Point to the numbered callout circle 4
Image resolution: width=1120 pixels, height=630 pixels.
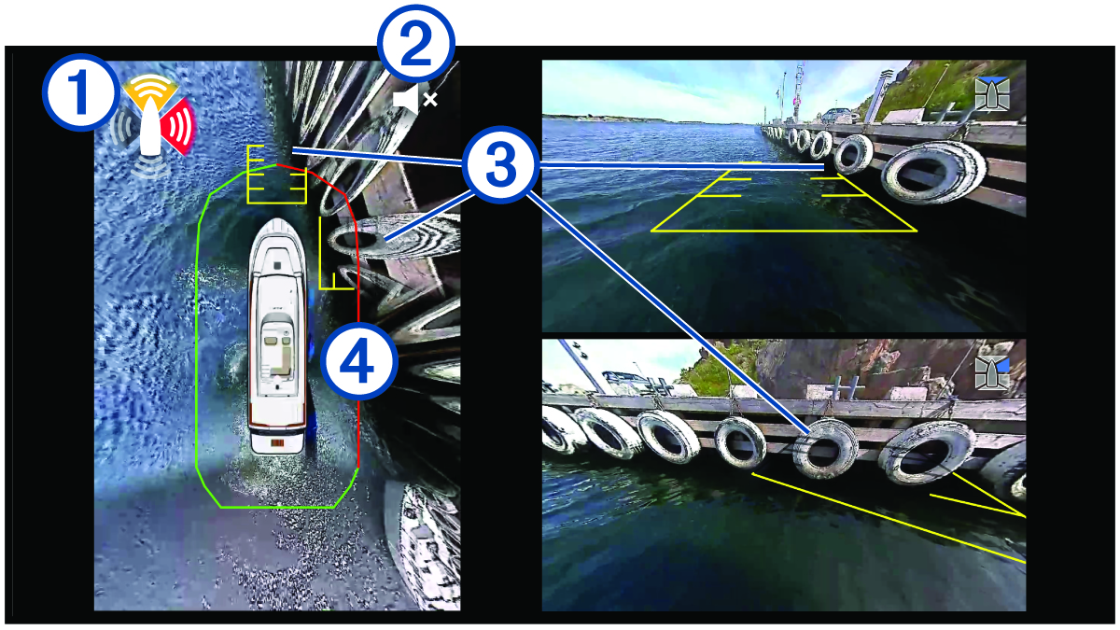click(357, 359)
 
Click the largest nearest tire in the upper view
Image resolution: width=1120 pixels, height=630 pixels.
click(933, 174)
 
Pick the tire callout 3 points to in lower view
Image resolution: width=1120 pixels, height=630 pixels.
click(825, 449)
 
